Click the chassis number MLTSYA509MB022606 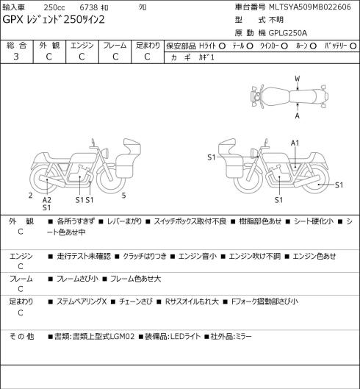point(310,7)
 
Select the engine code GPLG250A point(288,33)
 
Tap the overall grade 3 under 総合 point(16,57)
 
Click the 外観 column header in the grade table point(49,46)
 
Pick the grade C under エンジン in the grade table point(82,57)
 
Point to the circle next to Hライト point(222,46)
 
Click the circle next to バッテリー point(353,46)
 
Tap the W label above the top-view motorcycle point(298,79)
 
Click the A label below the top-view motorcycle point(298,115)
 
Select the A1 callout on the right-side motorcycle point(295,143)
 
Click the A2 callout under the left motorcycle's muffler point(46,200)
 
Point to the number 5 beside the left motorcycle point(123,196)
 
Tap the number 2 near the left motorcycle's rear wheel point(31,196)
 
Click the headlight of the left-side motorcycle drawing point(105,152)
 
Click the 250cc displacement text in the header point(54,7)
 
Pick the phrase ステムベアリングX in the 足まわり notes point(82,301)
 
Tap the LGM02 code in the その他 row point(122,337)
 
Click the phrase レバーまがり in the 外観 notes point(124,221)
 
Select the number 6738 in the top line point(88,7)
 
